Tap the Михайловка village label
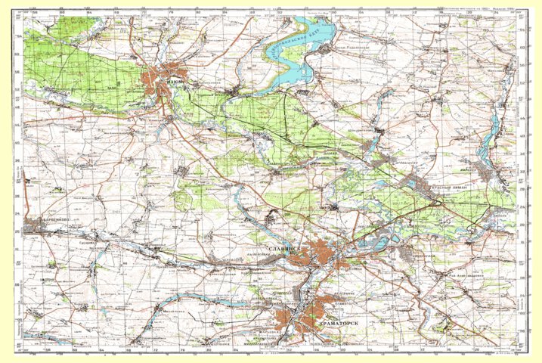pyautogui.click(x=171, y=309)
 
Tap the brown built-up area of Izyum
pyautogui.click(x=162, y=79)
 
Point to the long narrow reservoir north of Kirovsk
pyautogui.click(x=494, y=132)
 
